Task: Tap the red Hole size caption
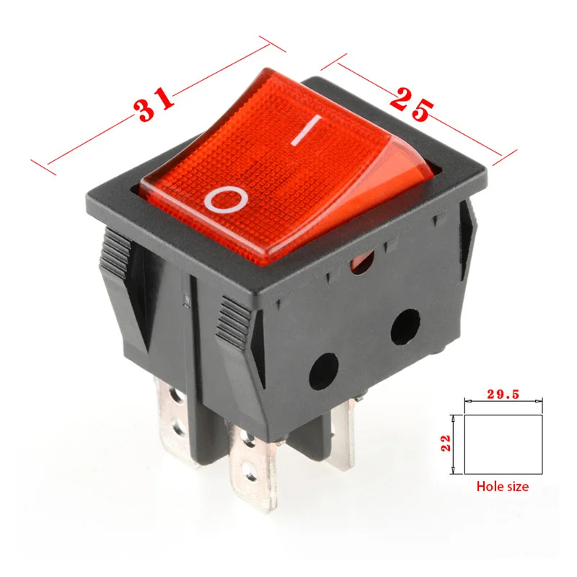coord(502,487)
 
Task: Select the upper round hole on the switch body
coord(405,327)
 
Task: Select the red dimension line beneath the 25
coord(462,133)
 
